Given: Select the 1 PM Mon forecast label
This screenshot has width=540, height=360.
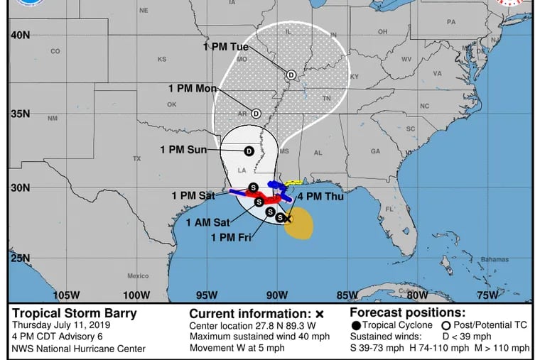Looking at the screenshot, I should [193, 88].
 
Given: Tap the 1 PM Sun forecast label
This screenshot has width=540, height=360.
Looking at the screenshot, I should [183, 150].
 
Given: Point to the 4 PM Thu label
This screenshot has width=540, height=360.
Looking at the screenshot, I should [320, 197].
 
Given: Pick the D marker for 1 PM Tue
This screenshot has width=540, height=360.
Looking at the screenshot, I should [291, 75].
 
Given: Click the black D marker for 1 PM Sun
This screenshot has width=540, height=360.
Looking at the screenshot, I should [249, 151].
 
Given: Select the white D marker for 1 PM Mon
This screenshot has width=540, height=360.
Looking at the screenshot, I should [256, 114].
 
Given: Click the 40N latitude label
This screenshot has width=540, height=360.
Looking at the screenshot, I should [20, 34].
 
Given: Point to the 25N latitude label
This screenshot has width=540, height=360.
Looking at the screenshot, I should [20, 258].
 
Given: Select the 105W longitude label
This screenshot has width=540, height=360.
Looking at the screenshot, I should [66, 295].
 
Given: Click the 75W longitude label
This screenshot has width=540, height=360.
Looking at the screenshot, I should [487, 295].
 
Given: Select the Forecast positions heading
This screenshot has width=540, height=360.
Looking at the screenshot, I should [408, 312].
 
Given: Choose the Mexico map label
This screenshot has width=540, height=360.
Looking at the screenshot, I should [138, 276].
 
